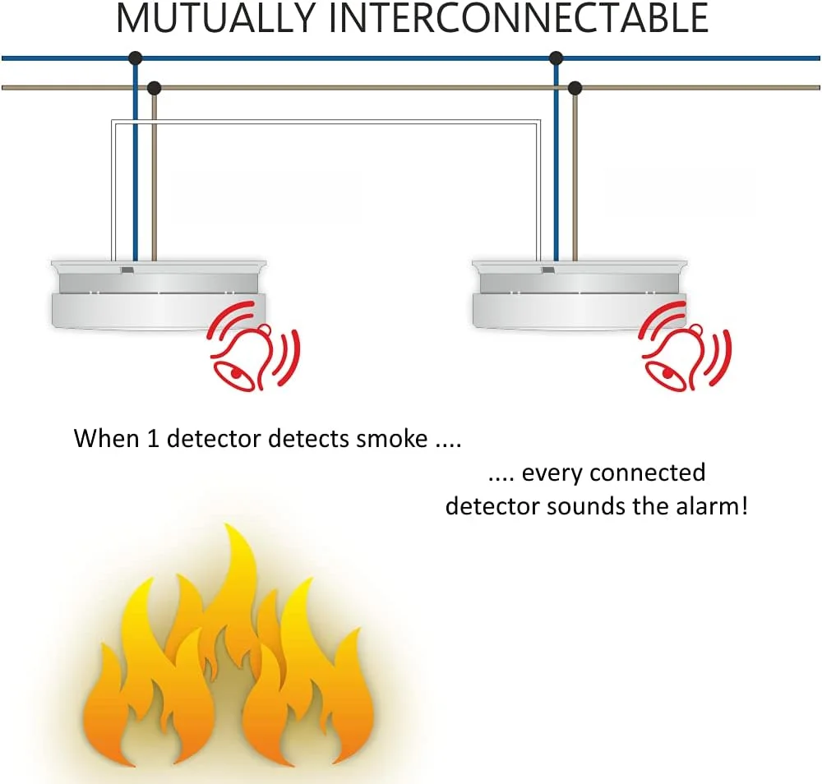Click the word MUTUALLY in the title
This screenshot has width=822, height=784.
pos(215,18)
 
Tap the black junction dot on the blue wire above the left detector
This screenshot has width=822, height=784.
pos(136,58)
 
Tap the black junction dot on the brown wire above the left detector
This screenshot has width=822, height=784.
pos(155,87)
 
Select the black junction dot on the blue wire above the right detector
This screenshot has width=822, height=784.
pos(556,58)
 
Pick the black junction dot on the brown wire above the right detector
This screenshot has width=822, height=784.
pos(575,87)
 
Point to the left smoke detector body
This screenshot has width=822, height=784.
pos(159,294)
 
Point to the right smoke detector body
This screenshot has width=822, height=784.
pos(580,294)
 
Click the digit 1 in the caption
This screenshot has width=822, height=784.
pos(153,438)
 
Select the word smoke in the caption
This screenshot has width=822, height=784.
pos(391,438)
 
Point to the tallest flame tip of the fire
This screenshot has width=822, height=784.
pos(229,524)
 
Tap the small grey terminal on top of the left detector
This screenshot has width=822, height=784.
pos(127,270)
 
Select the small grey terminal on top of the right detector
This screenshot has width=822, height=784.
pos(548,270)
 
